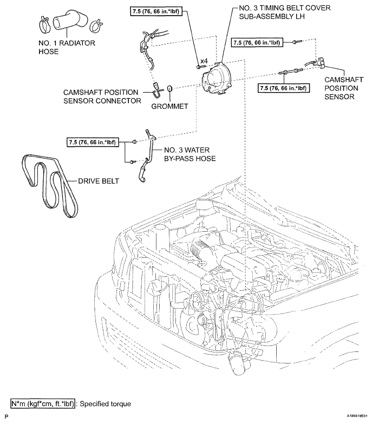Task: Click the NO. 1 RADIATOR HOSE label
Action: click(67, 47)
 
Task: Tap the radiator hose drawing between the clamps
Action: click(70, 21)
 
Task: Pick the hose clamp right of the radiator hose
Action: click(96, 25)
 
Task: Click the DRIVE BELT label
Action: click(99, 181)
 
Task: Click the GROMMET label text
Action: click(169, 106)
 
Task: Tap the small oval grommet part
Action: click(169, 88)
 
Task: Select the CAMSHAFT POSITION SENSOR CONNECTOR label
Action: click(102, 96)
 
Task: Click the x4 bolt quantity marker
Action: click(204, 61)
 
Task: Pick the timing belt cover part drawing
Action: click(216, 78)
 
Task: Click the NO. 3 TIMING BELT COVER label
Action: click(285, 12)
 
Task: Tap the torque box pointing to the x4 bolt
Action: click(156, 11)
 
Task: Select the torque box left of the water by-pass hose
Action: click(92, 142)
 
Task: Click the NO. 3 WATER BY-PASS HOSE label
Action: click(190, 154)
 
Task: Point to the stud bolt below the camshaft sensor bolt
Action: click(290, 72)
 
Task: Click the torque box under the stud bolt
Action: click(283, 88)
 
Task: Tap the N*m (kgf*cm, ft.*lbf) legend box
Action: click(43, 404)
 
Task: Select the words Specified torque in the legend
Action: click(105, 404)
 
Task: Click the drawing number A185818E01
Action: click(357, 416)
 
